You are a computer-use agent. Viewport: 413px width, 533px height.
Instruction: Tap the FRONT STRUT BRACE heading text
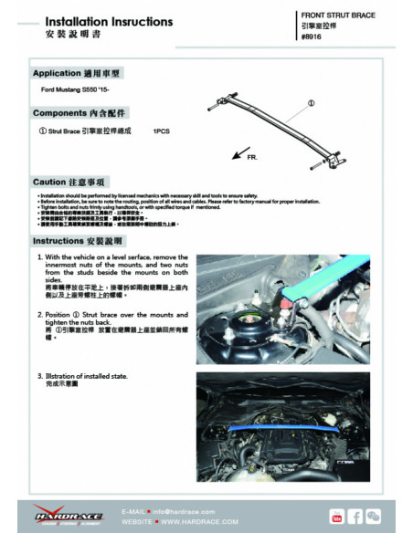pos(337,16)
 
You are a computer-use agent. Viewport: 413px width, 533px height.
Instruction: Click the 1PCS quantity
pos(163,132)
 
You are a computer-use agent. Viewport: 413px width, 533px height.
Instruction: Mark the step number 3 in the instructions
pos(39,375)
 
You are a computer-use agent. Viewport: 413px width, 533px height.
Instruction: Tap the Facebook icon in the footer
pos(355,517)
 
